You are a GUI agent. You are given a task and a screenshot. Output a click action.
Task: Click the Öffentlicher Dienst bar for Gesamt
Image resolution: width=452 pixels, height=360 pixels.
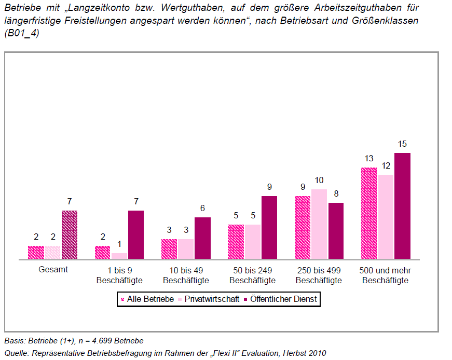tap(70, 234)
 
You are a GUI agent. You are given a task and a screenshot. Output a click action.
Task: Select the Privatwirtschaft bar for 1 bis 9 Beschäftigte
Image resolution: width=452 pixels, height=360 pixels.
tap(119, 256)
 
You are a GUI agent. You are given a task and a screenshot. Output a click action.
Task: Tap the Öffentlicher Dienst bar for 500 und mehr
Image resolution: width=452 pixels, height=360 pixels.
tap(402, 206)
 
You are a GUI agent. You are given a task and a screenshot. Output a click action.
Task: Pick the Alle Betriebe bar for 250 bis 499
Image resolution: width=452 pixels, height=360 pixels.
tap(303, 227)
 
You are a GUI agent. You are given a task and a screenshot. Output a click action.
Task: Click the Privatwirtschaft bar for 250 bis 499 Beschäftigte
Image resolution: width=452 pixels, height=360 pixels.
tap(319, 224)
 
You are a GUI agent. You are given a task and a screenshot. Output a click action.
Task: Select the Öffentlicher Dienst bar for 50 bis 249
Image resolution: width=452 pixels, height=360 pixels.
tap(269, 227)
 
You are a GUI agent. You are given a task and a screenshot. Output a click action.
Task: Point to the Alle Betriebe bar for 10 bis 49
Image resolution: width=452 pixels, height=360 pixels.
tap(169, 249)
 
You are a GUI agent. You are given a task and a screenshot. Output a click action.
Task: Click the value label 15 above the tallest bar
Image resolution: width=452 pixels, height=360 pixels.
tap(402, 144)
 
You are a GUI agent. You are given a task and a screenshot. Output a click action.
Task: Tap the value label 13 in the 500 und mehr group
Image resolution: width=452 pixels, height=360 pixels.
tap(369, 158)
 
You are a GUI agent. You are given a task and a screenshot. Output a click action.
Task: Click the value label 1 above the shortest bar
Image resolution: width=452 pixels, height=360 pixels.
tap(119, 244)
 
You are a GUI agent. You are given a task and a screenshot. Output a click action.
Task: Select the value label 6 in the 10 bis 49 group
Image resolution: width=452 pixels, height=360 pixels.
tap(202, 208)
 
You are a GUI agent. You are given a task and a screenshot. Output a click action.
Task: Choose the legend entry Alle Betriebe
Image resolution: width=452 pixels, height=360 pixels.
tap(147, 299)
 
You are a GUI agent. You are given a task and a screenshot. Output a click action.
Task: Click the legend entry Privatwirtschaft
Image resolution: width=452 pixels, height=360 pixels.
tap(209, 299)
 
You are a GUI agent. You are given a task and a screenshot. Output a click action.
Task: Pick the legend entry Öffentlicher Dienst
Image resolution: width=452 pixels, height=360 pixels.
tap(280, 299)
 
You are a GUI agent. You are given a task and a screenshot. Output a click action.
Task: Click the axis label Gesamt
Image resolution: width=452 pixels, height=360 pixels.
tap(53, 270)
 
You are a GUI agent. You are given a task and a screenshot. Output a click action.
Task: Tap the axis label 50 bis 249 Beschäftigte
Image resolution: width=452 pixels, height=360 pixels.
tap(253, 275)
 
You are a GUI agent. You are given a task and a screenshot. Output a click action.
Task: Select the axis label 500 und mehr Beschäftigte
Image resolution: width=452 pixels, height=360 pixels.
tap(385, 275)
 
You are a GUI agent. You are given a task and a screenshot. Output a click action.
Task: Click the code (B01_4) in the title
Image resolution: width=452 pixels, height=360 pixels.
tap(22, 33)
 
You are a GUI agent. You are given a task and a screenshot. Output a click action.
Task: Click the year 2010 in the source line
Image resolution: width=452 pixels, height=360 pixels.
tap(317, 353)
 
